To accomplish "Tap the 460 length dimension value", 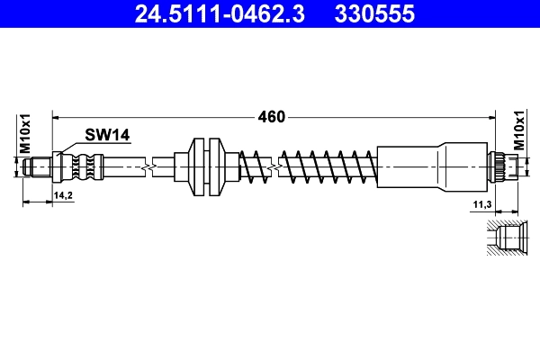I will click(x=272, y=117).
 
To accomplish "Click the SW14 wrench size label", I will click(x=108, y=135).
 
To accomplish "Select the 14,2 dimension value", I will click(x=63, y=195).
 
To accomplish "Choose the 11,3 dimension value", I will click(x=481, y=206).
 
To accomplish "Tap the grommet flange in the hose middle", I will click(x=206, y=166).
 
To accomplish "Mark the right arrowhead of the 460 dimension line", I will click(x=492, y=117).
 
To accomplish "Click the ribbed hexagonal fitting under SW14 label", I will click(x=80, y=166).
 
